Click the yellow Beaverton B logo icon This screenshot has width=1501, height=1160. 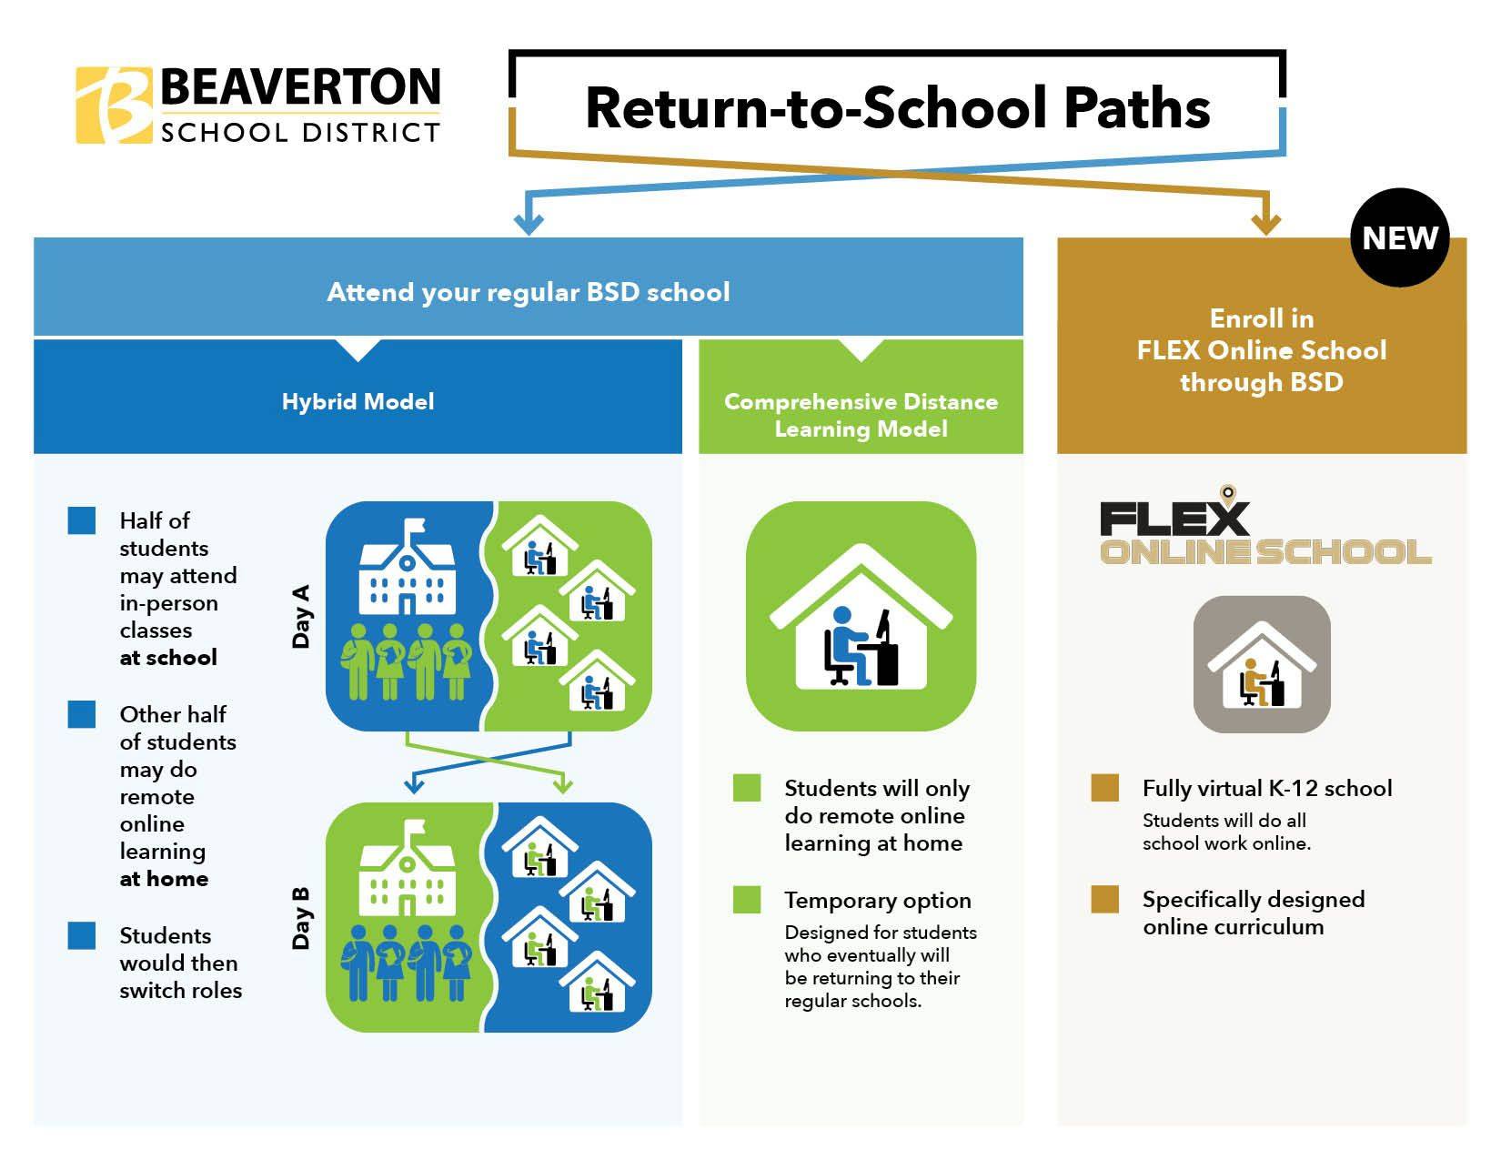[114, 105]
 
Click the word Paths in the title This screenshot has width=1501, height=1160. [1137, 107]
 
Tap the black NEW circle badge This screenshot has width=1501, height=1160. [1399, 237]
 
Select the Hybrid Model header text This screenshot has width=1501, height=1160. [358, 401]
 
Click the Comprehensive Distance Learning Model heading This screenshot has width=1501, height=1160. [861, 415]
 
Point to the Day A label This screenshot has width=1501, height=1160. [301, 616]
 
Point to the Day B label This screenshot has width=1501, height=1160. [301, 918]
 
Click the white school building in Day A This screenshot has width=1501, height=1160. [408, 567]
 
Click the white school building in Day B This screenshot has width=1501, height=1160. [408, 868]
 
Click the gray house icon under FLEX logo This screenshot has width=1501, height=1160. [1262, 664]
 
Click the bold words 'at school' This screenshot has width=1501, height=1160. [168, 657]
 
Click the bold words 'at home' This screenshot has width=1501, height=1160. [164, 878]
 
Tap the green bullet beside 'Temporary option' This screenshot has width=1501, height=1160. [747, 900]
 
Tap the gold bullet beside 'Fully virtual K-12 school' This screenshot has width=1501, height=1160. [1104, 788]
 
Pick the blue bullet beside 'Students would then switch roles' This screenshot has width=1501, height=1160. [82, 935]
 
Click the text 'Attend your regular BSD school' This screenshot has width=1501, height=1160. [529, 292]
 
